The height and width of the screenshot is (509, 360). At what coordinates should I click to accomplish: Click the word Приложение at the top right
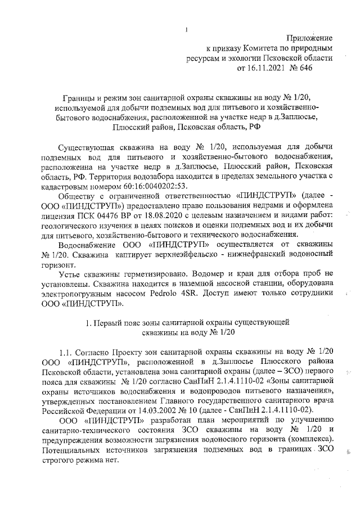[x=309, y=37]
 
